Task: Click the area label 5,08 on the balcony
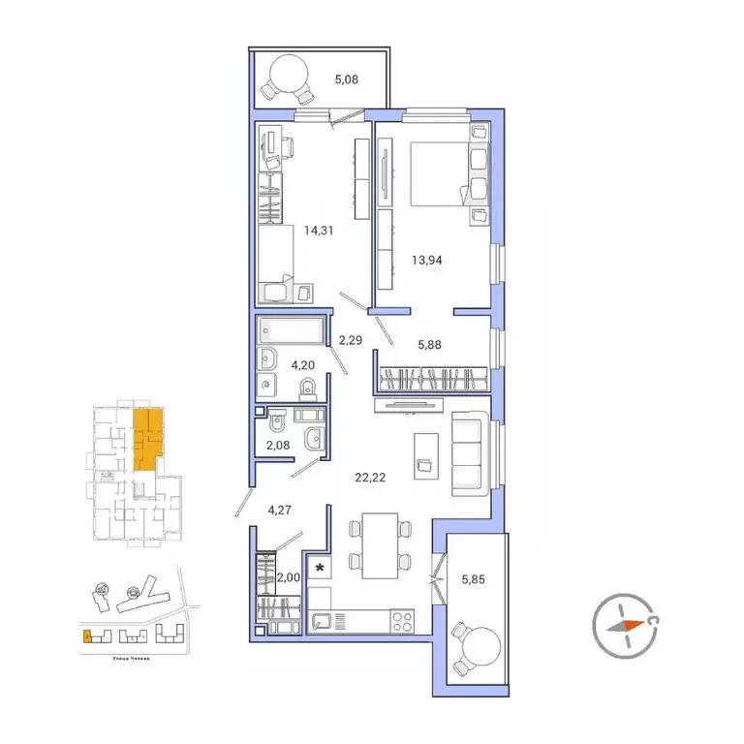pyautogui.click(x=346, y=80)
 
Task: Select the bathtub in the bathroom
pyautogui.click(x=293, y=329)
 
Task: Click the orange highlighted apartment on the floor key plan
pyautogui.click(x=146, y=439)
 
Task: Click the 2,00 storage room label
pyautogui.click(x=288, y=579)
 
